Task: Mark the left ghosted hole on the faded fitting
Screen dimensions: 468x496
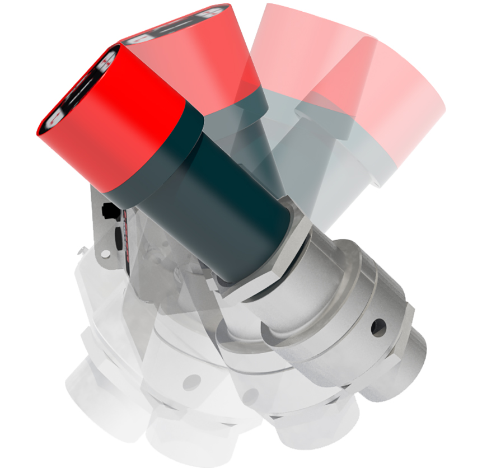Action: pos(192,382)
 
